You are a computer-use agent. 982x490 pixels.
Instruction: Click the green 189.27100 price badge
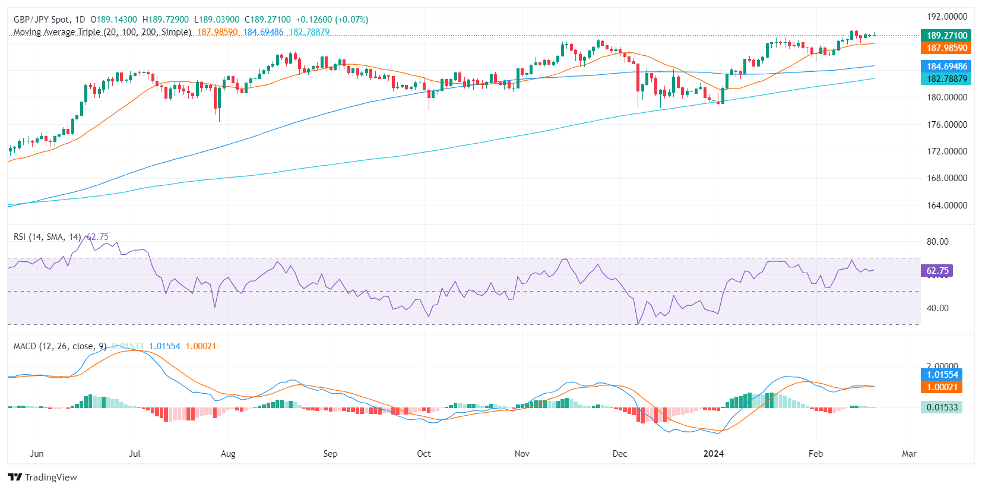tap(946, 36)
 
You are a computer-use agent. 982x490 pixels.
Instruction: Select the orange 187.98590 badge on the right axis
tap(946, 48)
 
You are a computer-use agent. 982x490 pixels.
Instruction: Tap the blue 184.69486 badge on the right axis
tap(946, 67)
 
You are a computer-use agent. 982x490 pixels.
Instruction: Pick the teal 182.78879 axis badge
tap(946, 79)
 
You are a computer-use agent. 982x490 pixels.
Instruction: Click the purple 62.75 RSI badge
tap(937, 271)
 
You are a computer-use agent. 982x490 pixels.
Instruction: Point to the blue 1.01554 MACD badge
tap(942, 375)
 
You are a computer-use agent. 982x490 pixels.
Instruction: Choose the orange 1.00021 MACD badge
tap(942, 387)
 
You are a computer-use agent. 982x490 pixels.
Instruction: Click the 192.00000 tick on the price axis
tap(947, 17)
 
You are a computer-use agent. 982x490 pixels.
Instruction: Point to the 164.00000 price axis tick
tap(947, 206)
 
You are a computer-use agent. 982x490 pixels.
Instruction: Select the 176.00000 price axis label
tap(947, 125)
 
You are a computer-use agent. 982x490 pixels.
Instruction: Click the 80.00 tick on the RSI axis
tap(937, 242)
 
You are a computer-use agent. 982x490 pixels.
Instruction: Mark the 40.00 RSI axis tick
tap(937, 308)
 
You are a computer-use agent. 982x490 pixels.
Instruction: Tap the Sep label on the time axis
tap(330, 454)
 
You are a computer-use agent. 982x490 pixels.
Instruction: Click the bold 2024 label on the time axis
tap(713, 454)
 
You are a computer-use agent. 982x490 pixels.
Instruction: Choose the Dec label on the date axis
tap(619, 454)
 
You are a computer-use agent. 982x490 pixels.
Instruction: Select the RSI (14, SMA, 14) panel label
tap(47, 237)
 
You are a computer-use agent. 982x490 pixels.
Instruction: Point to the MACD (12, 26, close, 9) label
tap(60, 346)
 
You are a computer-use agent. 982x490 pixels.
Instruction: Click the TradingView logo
tap(43, 478)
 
